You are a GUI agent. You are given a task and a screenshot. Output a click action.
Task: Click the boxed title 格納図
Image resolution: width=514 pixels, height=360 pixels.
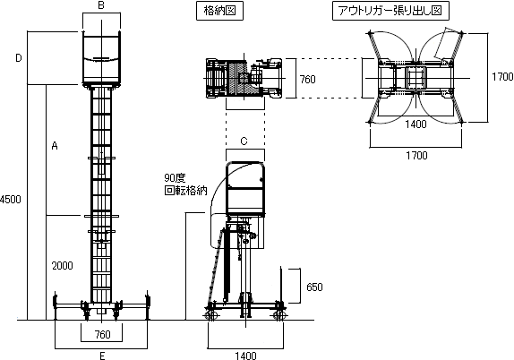pyautogui.click(x=219, y=11)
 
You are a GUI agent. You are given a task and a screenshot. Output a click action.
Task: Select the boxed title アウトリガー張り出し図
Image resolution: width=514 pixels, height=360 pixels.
pyautogui.click(x=390, y=11)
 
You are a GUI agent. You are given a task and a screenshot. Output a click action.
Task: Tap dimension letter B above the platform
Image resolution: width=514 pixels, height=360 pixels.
pyautogui.click(x=101, y=5)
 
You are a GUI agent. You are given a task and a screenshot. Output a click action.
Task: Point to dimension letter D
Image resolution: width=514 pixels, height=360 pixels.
pyautogui.click(x=19, y=58)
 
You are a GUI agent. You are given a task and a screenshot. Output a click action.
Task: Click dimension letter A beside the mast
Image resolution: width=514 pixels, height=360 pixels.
pyautogui.click(x=55, y=146)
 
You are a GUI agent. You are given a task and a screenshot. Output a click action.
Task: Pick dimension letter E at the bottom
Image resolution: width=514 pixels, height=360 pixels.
pyautogui.click(x=102, y=356)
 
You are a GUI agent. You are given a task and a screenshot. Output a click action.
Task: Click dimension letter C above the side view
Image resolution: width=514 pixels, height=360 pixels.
pyautogui.click(x=244, y=141)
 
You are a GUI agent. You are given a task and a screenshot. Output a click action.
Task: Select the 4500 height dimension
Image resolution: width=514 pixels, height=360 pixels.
pyautogui.click(x=10, y=200)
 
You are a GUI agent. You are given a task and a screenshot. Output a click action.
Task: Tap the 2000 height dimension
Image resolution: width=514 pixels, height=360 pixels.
pyautogui.click(x=63, y=266)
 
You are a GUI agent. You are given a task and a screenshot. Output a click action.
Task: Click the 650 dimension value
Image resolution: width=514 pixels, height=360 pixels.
pyautogui.click(x=314, y=287)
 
